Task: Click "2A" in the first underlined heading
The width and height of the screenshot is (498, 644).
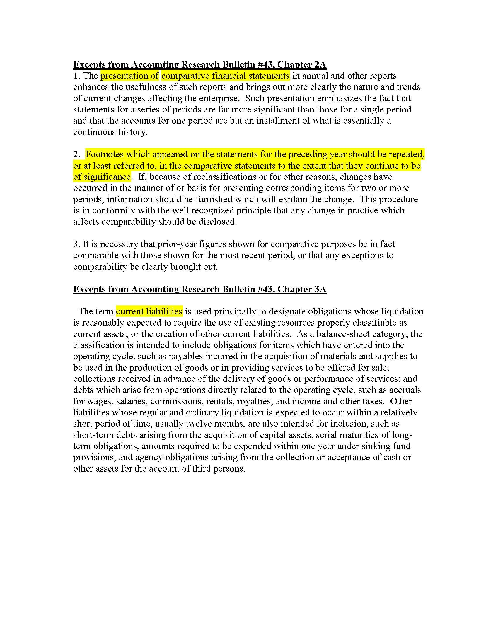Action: pyautogui.click(x=319, y=65)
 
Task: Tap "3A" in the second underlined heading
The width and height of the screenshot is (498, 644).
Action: pyautogui.click(x=319, y=289)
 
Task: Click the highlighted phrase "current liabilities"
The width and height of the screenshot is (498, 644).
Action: pyautogui.click(x=149, y=311)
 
